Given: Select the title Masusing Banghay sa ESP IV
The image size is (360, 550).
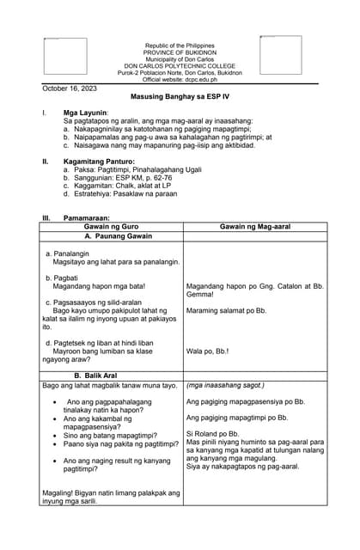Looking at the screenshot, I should coord(180,99).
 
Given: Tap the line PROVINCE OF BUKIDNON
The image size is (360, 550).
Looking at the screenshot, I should coord(180,52).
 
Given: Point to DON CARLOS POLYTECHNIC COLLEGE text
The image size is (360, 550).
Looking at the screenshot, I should coord(180,65).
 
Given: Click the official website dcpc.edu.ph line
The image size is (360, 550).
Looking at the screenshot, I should coord(180,79).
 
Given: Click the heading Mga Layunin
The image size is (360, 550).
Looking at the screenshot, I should coord(86,113).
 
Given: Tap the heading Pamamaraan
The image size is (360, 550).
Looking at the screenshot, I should coord(87,218).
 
